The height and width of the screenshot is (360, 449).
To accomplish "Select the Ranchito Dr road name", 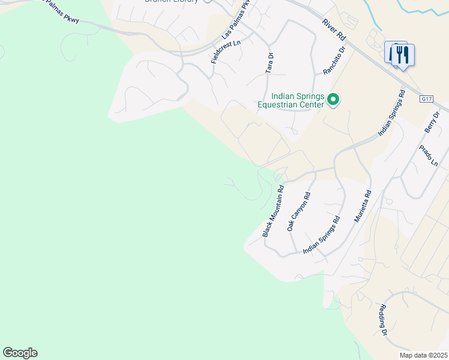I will (x=335, y=61).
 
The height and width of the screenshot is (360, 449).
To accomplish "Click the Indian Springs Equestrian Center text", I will (x=291, y=100).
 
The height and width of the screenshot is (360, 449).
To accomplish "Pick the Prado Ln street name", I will (x=427, y=155).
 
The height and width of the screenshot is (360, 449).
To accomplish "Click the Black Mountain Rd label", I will (x=273, y=210).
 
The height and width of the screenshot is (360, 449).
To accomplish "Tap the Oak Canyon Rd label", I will (x=298, y=212).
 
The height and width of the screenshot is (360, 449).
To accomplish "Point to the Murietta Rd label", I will (x=363, y=207).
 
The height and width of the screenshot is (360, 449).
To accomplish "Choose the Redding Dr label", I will (x=382, y=320).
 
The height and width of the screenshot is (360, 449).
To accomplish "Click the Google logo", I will (x=20, y=353).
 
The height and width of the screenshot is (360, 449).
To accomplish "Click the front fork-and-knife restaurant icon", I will (x=403, y=56).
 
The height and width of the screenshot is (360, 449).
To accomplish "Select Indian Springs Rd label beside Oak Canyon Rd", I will (x=321, y=235).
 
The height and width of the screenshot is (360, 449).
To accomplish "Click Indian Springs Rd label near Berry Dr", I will (x=392, y=113).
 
